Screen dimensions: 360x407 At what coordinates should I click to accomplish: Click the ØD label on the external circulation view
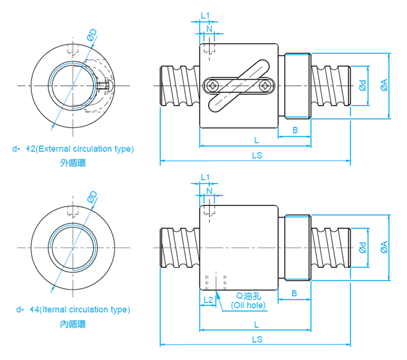(x=92, y=35)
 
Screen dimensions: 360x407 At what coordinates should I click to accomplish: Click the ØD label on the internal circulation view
(x=92, y=197)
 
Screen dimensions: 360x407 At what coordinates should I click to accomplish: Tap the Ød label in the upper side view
(x=362, y=86)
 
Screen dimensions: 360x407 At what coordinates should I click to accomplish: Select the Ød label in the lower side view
(x=362, y=247)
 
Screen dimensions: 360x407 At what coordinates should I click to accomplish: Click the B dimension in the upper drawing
(x=295, y=130)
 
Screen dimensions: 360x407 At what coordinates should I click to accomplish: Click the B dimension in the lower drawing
(x=295, y=293)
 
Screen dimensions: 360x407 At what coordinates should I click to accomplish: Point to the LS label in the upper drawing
(x=256, y=155)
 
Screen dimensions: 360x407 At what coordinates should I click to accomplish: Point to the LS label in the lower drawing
(x=256, y=339)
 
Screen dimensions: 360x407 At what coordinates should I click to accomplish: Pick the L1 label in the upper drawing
(x=205, y=15)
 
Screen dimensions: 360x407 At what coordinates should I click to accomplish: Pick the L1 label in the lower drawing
(x=205, y=177)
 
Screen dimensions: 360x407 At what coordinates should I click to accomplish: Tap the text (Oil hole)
(x=248, y=305)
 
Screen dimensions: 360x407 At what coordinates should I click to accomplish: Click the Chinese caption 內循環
(x=73, y=324)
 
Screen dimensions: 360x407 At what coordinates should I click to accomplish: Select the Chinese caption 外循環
(x=73, y=163)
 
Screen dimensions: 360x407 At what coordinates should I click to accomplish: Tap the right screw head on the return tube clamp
(x=265, y=86)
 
